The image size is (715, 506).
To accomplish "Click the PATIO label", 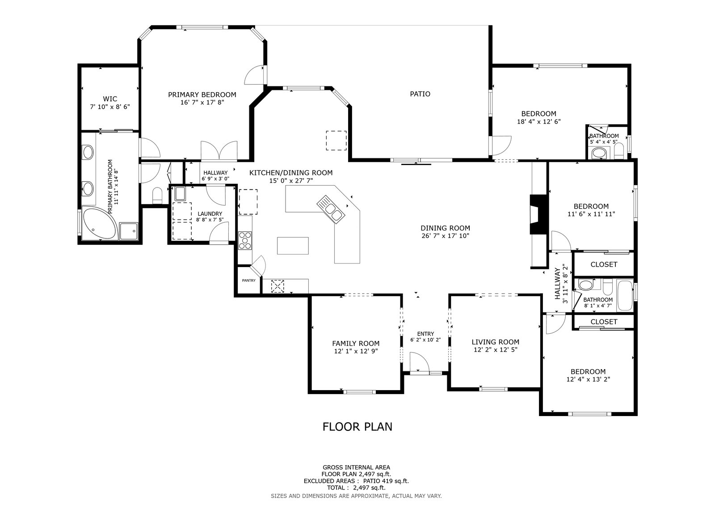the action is pos(420,94).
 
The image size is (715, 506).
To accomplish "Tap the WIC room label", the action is pos(110,99).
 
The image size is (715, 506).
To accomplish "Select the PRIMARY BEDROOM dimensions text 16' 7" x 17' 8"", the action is pos(202,102).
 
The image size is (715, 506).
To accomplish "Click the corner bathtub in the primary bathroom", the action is pos(98,223).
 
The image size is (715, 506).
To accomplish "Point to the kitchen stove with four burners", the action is pos(245,240).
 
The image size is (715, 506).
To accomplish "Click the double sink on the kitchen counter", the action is pos(331,209).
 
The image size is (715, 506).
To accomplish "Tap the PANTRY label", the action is pos(248,281).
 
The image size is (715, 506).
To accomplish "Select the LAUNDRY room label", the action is pos(210,214).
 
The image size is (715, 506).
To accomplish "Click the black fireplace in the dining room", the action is pos(538,214).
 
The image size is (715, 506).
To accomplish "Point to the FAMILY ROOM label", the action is pos(356,344).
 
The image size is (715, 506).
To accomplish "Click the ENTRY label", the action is pos(425,334).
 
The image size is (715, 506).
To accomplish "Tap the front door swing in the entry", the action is pos(419,362).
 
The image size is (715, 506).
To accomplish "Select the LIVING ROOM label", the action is pos(496,342).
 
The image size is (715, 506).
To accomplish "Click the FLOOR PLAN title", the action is pos(357,427).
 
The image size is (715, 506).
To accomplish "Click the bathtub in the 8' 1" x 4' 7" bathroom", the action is pos(625,295).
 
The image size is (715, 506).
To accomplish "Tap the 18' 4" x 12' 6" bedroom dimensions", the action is pos(539,122).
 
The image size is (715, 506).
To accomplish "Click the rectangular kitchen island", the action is pos(293,246).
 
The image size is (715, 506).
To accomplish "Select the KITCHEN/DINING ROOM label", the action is pos(291,173).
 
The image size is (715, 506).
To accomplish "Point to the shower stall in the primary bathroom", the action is pos(129,231).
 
